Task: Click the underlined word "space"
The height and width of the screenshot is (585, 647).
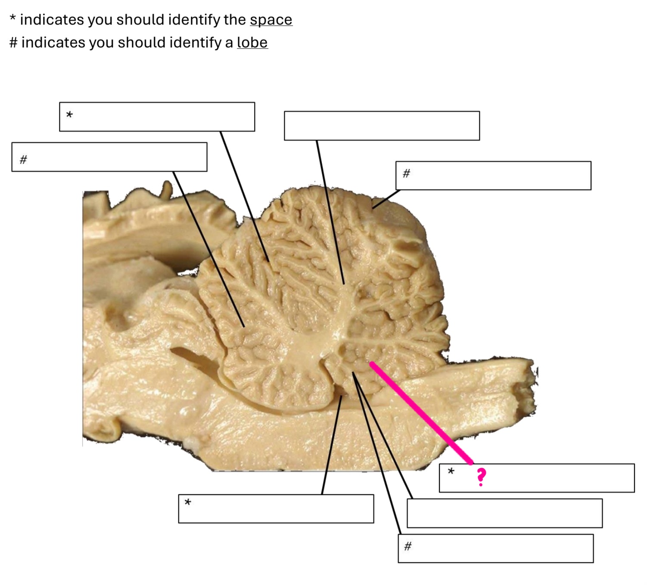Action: click(271, 20)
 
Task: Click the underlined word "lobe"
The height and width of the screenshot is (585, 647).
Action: click(252, 43)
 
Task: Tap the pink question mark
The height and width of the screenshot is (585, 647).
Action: click(481, 477)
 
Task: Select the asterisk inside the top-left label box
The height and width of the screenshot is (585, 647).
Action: click(69, 115)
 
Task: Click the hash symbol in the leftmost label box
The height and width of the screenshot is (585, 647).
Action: click(23, 160)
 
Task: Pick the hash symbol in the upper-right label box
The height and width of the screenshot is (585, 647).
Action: click(406, 173)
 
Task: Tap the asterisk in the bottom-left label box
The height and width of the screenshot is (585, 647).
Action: click(188, 503)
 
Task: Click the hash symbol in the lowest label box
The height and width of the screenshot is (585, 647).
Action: click(407, 547)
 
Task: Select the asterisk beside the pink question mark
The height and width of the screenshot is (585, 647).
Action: click(451, 471)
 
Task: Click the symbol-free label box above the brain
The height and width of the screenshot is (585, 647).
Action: click(382, 126)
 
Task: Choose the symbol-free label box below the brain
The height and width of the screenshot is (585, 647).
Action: click(504, 513)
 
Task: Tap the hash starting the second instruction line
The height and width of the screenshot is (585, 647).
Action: click(13, 43)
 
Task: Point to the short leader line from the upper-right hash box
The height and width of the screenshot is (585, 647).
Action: click(386, 199)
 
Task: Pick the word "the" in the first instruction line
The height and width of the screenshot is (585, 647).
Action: click(235, 20)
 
